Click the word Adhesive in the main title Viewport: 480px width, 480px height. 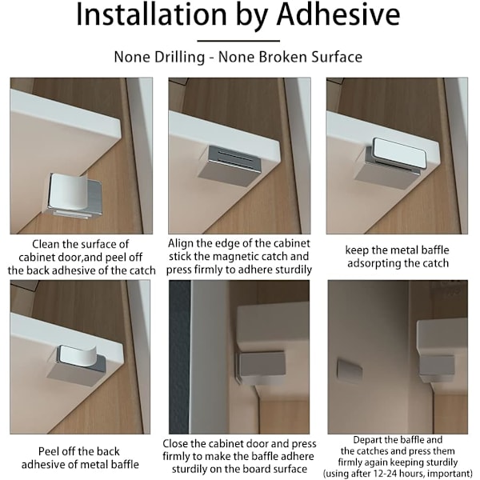(x=338, y=14)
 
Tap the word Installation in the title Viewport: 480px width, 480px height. (x=151, y=14)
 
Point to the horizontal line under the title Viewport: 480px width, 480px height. (x=238, y=41)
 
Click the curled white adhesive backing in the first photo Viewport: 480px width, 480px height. (x=68, y=192)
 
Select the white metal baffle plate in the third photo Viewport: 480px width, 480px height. (x=398, y=154)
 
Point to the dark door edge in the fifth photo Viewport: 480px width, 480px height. (x=180, y=357)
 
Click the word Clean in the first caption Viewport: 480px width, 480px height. (x=46, y=244)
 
